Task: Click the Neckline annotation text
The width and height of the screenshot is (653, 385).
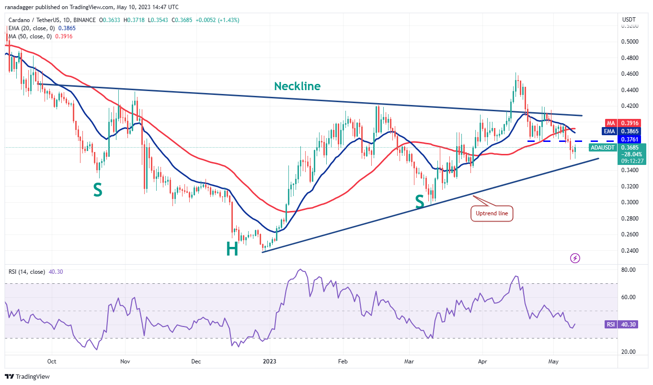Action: [297, 86]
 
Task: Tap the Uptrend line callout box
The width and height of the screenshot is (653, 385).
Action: [492, 214]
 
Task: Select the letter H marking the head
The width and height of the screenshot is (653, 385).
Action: [232, 249]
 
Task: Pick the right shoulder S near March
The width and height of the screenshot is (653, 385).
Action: [420, 201]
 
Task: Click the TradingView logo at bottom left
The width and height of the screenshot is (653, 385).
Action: [28, 376]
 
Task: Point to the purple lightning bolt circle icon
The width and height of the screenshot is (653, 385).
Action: [575, 258]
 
